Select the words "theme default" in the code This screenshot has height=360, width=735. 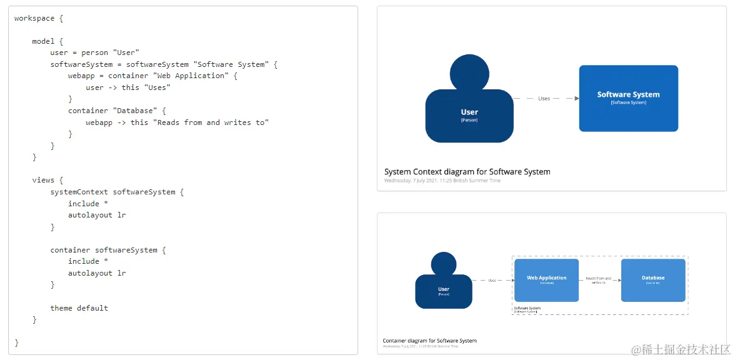tap(79, 308)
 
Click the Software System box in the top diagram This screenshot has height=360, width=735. tap(628, 98)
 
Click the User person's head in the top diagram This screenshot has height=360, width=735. tap(469, 73)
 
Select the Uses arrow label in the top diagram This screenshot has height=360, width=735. tap(544, 99)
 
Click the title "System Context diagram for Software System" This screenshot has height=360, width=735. tap(467, 172)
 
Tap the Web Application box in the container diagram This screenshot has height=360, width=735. tap(546, 280)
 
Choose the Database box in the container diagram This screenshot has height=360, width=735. tap(653, 280)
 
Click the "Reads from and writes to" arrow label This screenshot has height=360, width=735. tap(599, 281)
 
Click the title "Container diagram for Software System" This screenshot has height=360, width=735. tap(429, 341)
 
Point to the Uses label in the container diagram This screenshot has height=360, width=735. tap(492, 281)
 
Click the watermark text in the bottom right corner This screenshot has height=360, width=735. tap(681, 349)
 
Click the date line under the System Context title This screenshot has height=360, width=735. tap(442, 181)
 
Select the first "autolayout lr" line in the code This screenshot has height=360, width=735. tap(97, 215)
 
